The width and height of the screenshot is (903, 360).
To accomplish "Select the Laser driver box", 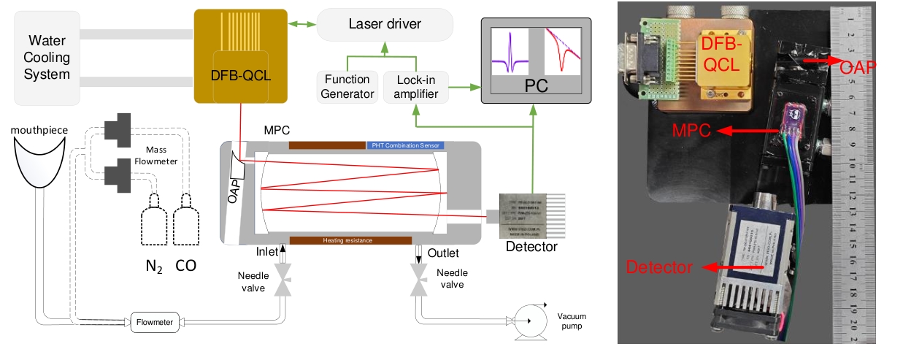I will tap(385, 25).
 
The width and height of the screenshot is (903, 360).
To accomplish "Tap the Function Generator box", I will tap(347, 86).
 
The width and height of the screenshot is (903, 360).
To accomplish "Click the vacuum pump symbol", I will tap(526, 321).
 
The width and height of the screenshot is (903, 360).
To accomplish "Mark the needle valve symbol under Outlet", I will tap(419, 279).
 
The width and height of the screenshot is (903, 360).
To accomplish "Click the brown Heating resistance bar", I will tap(347, 240).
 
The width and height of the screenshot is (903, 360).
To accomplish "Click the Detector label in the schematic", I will tap(531, 247).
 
